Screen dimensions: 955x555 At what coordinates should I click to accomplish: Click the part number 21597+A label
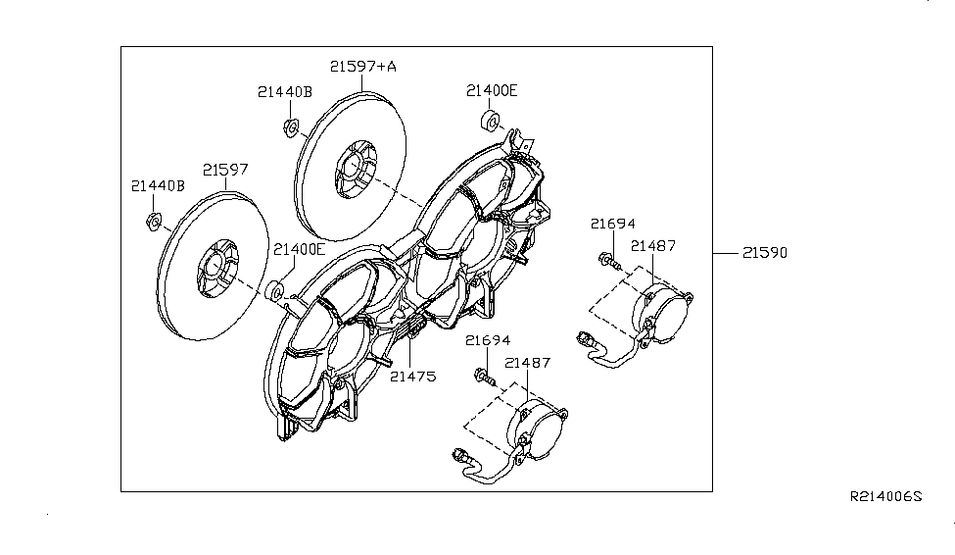(363, 66)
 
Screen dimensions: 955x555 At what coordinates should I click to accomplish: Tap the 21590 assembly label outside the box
(765, 252)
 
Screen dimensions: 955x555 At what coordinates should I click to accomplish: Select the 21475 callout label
(413, 377)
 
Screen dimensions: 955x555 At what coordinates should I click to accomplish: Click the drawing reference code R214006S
(886, 496)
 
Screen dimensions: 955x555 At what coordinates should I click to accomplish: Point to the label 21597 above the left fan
(225, 170)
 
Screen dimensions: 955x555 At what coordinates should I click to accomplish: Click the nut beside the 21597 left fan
(154, 221)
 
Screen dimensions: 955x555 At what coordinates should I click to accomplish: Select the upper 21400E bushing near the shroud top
(491, 121)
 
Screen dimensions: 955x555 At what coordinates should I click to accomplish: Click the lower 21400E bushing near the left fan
(276, 290)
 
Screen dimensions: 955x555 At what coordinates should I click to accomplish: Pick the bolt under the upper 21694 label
(609, 261)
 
